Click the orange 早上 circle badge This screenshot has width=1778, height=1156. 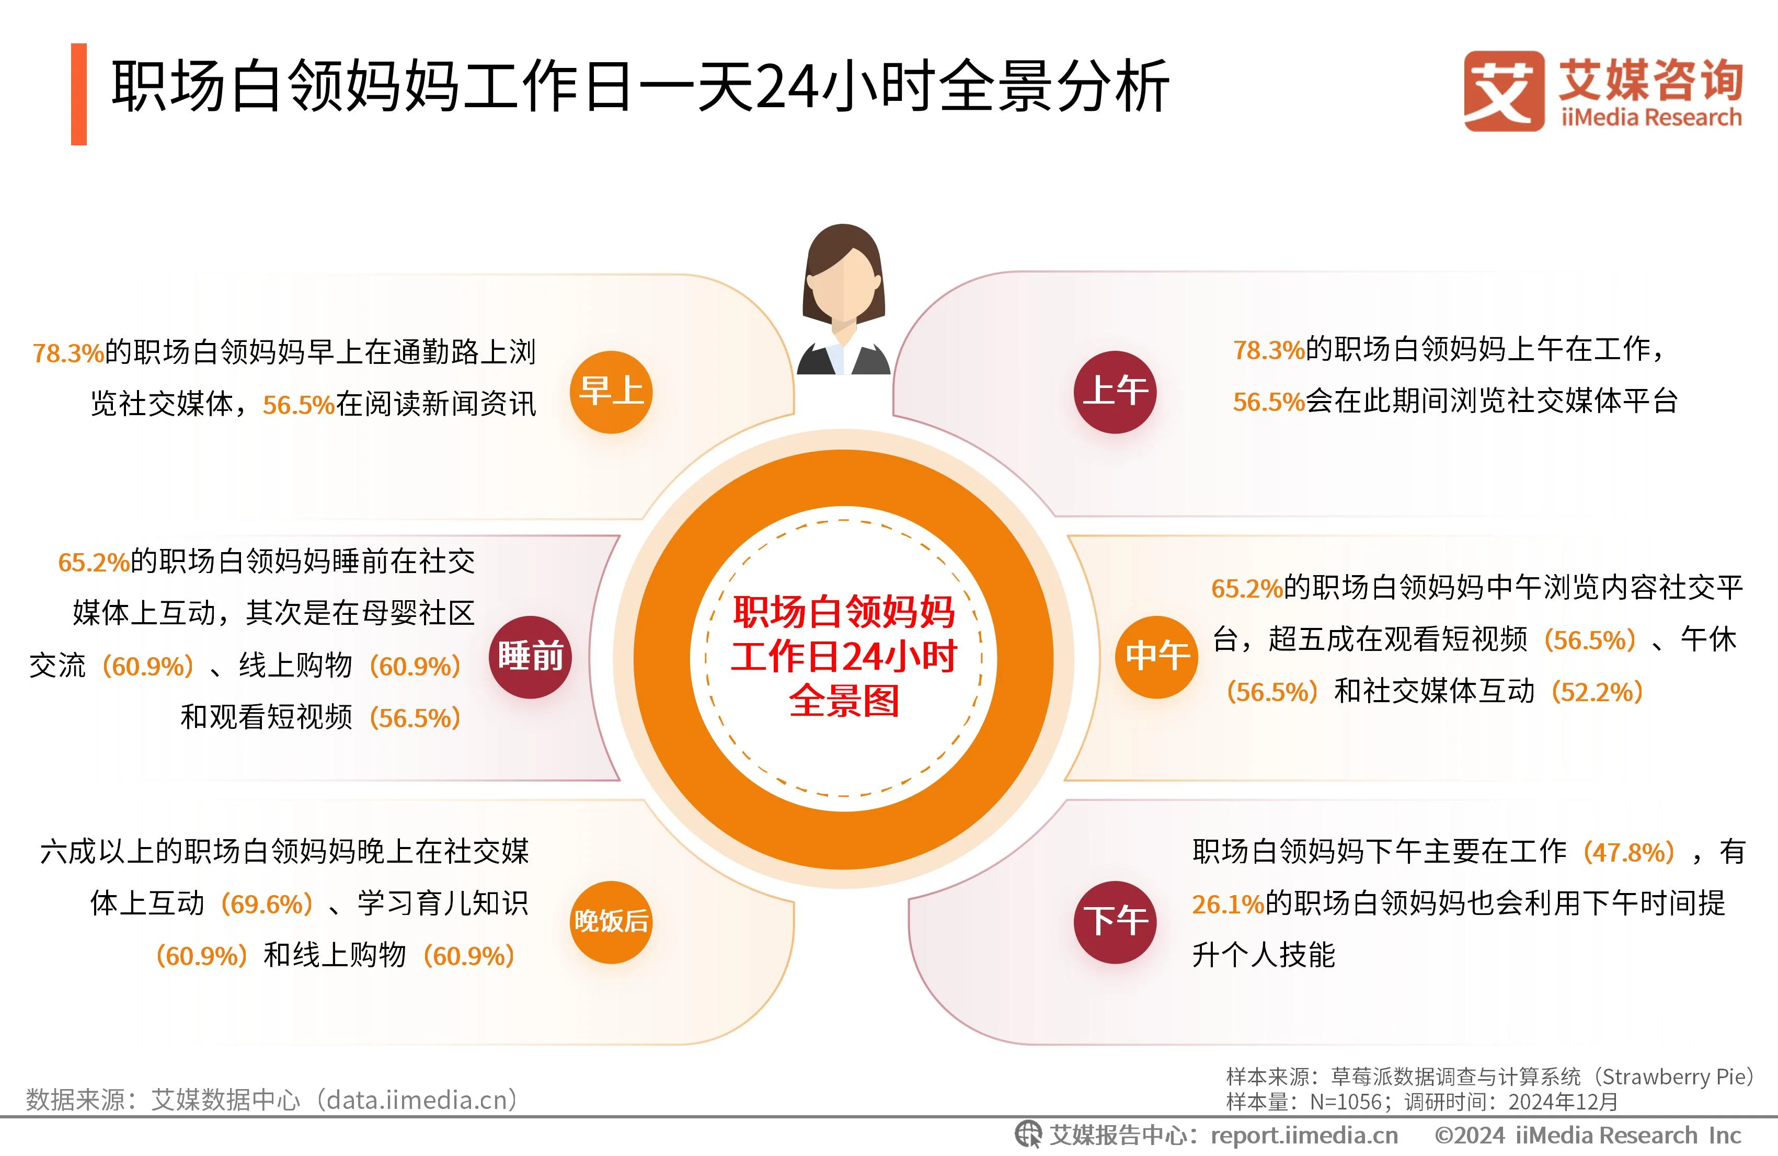611,392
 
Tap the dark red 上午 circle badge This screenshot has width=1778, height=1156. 1115,392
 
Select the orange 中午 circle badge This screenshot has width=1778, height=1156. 1156,657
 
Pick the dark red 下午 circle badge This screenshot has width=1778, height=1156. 1115,921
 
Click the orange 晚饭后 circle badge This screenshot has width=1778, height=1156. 611,921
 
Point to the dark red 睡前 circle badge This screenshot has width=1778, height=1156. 531,657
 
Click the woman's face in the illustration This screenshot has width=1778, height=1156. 843,288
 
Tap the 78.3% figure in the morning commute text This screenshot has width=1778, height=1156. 68,353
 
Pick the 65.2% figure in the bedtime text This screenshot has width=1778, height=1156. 94,563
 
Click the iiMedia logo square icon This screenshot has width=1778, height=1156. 1503,91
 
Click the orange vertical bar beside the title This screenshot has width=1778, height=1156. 78,94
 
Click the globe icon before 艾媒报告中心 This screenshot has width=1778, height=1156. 1028,1135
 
